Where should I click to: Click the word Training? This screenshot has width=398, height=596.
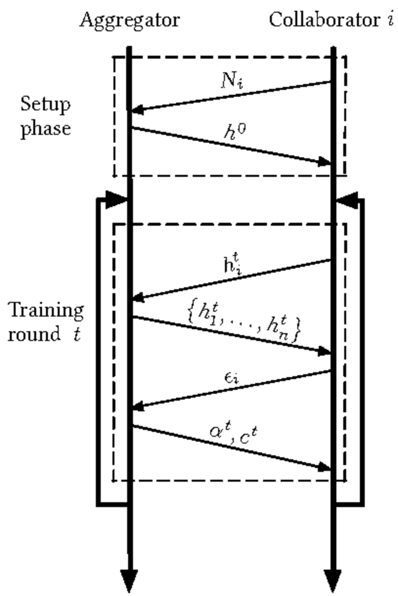click(x=46, y=310)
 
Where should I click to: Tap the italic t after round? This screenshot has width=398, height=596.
click(x=77, y=334)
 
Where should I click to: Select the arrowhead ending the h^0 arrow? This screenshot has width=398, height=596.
click(x=325, y=163)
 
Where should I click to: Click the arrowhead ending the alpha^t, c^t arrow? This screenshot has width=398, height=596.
click(x=325, y=467)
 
